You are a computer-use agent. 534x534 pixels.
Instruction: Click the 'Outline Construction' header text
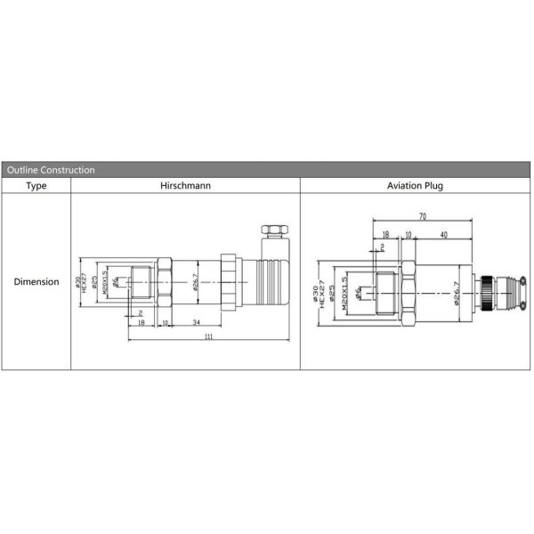click(51, 169)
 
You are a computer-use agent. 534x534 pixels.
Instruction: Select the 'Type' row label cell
click(36, 186)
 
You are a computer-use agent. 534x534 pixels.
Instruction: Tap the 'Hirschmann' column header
click(185, 186)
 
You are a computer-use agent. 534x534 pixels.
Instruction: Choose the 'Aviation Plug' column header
click(416, 186)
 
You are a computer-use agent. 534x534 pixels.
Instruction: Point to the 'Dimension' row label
click(36, 282)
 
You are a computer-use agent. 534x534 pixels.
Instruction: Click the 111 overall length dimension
click(208, 337)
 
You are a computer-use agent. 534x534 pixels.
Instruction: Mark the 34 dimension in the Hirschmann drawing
click(196, 321)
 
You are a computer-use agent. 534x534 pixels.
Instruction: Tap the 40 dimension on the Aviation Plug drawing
click(442, 235)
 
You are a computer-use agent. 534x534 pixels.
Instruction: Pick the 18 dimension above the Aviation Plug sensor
click(384, 235)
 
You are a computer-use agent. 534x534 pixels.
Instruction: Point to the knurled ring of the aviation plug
click(489, 293)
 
